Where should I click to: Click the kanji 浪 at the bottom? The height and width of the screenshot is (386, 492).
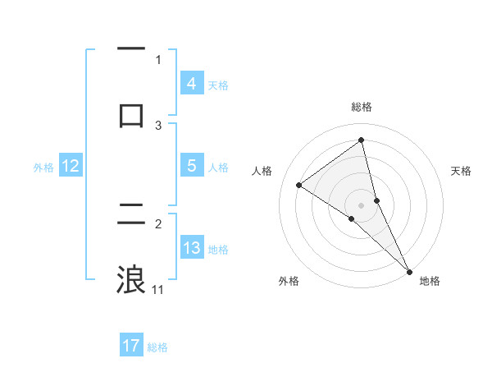coord(131,280)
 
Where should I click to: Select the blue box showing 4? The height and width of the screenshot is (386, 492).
coord(191,84)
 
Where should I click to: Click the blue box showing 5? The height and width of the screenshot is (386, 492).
coord(191,166)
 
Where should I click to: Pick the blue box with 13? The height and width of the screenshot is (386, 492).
coord(191,248)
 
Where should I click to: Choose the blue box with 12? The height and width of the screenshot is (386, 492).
coord(70,167)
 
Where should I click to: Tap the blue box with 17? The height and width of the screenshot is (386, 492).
coord(131,347)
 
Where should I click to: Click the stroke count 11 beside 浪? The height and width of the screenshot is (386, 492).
coord(157,289)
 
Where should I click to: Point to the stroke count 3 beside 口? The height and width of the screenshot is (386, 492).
coord(158,125)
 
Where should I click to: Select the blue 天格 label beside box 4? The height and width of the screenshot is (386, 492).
coord(218,85)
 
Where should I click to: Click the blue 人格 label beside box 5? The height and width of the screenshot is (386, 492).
coord(218,168)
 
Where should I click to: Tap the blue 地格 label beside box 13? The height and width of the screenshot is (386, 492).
coord(218,250)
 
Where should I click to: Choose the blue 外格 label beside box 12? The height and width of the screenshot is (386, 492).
coord(43,168)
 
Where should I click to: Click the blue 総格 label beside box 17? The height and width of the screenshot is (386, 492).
coord(157,348)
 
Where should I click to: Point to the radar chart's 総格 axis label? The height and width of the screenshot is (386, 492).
coord(361,107)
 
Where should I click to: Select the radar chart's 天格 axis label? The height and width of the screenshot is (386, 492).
coord(462,171)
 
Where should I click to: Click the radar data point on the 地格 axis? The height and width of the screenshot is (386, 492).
coord(408,270)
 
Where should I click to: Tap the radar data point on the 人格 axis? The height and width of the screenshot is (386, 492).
coord(298,185)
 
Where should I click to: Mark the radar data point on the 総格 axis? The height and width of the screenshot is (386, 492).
coord(361,140)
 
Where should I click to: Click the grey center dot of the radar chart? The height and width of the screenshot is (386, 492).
coord(361,204)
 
